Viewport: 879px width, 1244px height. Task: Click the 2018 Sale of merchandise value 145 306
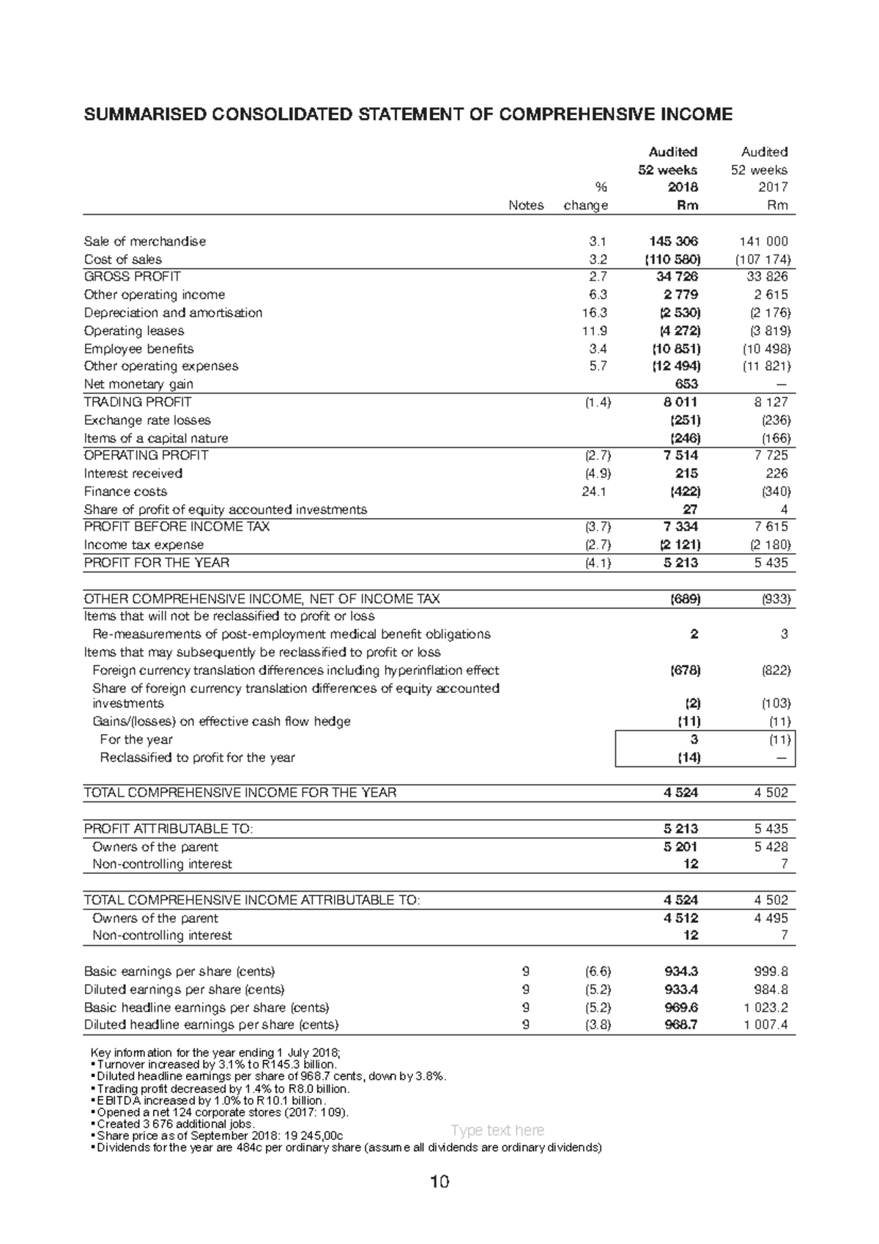pyautogui.click(x=673, y=241)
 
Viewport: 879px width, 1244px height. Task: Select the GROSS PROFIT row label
pyautogui.click(x=133, y=277)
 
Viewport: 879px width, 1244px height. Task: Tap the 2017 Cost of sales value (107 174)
pyautogui.click(x=763, y=259)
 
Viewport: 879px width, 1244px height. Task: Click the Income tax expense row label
pyautogui.click(x=144, y=545)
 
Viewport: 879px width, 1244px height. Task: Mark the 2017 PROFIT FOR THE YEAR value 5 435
pyautogui.click(x=771, y=563)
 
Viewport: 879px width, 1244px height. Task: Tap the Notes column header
pyautogui.click(x=526, y=206)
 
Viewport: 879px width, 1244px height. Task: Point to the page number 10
pyautogui.click(x=439, y=1182)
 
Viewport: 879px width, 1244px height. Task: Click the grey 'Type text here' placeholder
pyautogui.click(x=497, y=1130)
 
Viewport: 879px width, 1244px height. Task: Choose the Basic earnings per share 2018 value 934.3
pyautogui.click(x=680, y=971)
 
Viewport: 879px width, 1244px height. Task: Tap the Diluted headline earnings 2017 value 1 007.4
pyautogui.click(x=765, y=1025)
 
